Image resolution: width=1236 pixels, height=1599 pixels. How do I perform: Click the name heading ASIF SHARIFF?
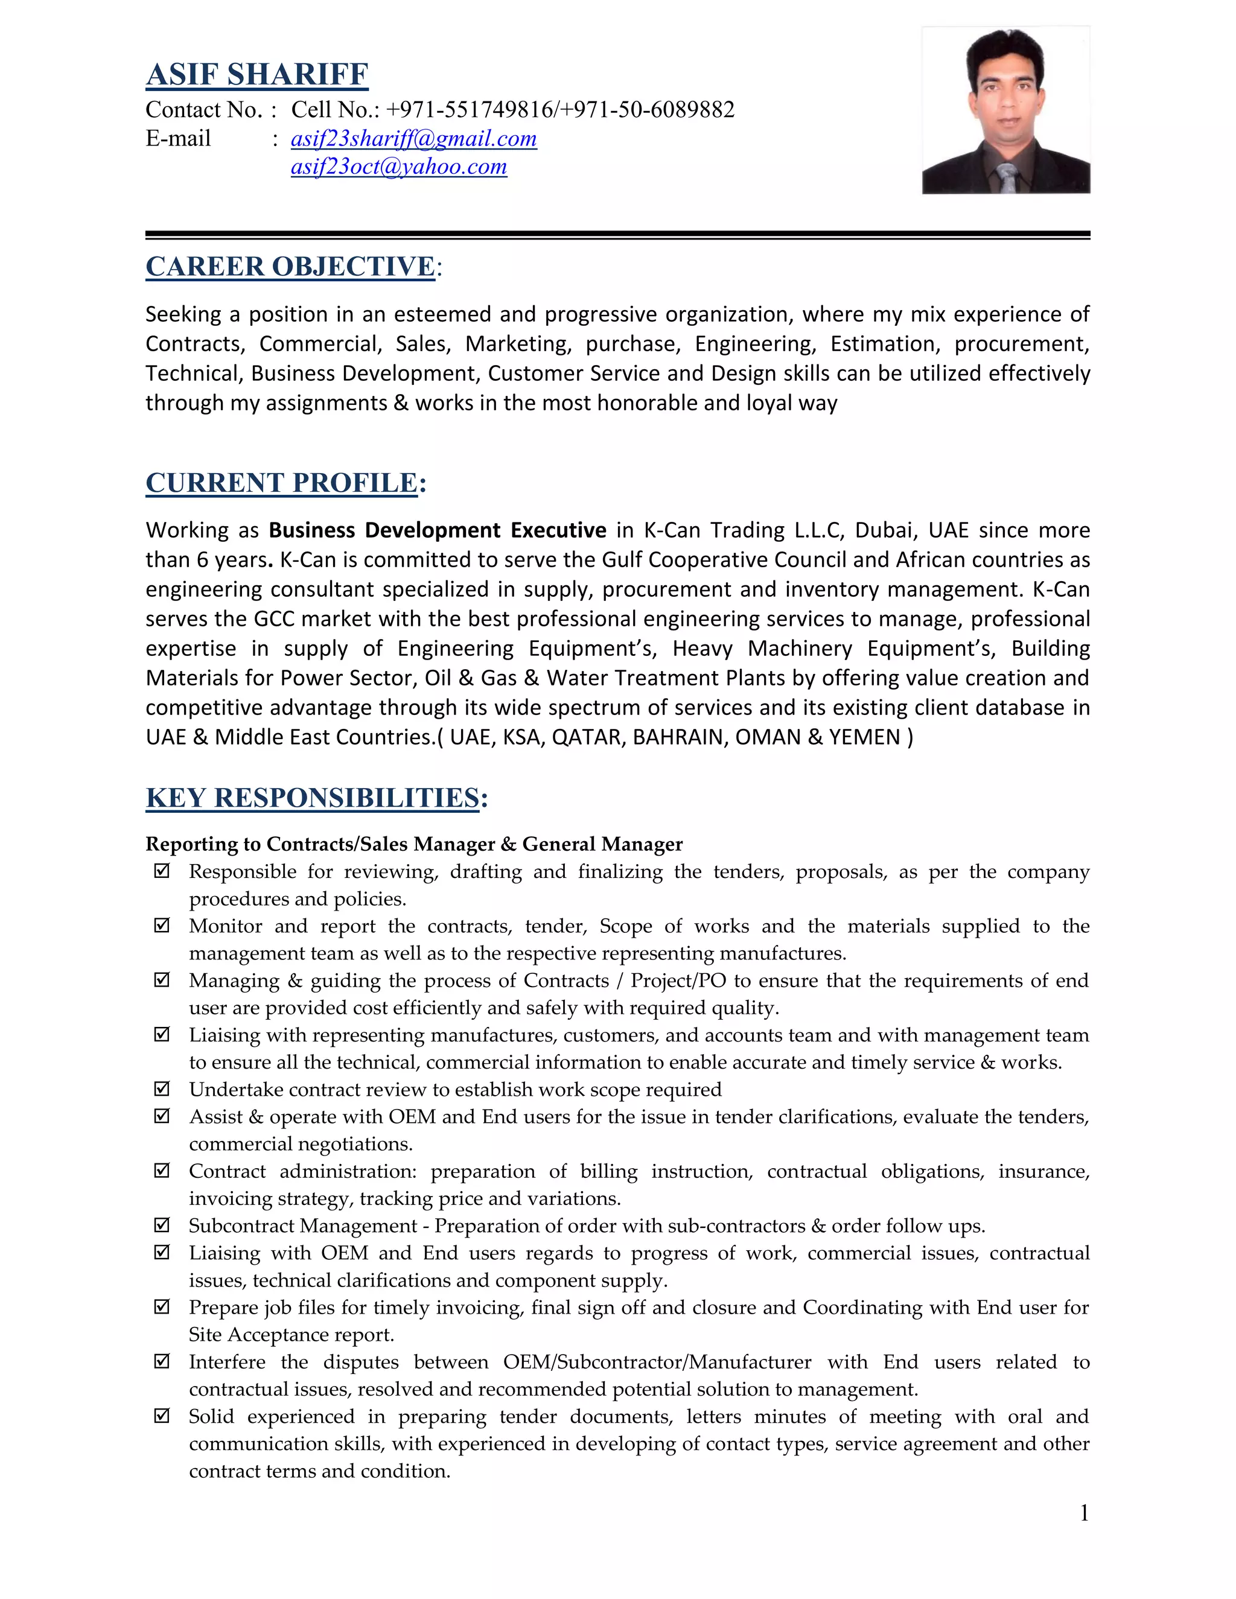(257, 75)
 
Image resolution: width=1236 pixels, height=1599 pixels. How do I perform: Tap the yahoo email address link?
(398, 167)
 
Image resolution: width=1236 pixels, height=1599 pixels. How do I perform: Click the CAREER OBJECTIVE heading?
(291, 267)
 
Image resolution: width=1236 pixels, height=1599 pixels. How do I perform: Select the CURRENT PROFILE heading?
(282, 483)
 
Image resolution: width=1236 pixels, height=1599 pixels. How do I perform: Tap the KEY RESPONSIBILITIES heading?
(313, 798)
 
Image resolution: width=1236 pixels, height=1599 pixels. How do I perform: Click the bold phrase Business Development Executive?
(437, 530)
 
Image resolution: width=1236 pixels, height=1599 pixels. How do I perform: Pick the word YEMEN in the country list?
(864, 737)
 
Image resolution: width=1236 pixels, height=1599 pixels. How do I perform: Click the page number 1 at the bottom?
(1085, 1513)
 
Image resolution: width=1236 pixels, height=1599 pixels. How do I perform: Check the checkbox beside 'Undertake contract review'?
(162, 1089)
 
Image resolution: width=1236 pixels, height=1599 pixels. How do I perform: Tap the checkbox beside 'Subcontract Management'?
(162, 1225)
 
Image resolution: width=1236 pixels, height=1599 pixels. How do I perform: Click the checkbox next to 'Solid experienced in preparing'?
(162, 1416)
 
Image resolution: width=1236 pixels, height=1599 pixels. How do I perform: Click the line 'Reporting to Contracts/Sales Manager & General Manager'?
(413, 844)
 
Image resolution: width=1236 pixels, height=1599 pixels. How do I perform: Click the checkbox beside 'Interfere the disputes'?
(162, 1361)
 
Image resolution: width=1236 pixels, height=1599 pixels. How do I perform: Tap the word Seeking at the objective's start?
(183, 315)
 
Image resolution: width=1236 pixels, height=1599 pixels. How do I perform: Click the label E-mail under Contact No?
(178, 138)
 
